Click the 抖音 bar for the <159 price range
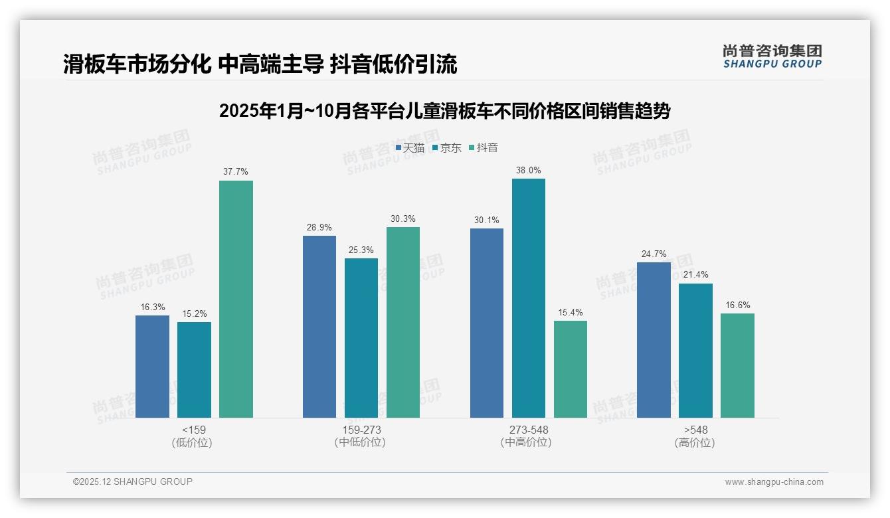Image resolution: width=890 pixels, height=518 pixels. (236, 299)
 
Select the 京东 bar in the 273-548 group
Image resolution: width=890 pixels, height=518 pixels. (529, 298)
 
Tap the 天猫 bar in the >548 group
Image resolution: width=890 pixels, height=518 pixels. (654, 340)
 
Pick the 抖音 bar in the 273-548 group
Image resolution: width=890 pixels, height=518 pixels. (571, 369)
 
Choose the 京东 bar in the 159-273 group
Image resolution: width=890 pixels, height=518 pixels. (361, 338)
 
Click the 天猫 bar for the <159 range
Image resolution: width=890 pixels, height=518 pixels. (152, 367)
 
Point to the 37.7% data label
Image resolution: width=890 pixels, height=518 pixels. (236, 171)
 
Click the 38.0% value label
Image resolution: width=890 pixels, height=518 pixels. (529, 170)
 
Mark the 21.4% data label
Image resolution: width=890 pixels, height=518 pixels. (695, 275)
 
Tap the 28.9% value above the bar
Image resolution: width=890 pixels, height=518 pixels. (319, 227)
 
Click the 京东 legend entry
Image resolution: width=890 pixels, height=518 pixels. (446, 148)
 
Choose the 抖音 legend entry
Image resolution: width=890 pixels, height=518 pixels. (484, 148)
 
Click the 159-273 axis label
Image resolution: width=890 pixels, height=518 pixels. (361, 430)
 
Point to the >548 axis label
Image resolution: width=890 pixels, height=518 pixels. (695, 430)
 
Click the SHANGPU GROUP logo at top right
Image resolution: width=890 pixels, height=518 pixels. (772, 56)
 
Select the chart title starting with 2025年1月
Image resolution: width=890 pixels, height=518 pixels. (444, 111)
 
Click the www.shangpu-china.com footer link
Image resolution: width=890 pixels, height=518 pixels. (774, 482)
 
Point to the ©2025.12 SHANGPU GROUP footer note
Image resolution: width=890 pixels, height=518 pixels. (133, 481)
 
